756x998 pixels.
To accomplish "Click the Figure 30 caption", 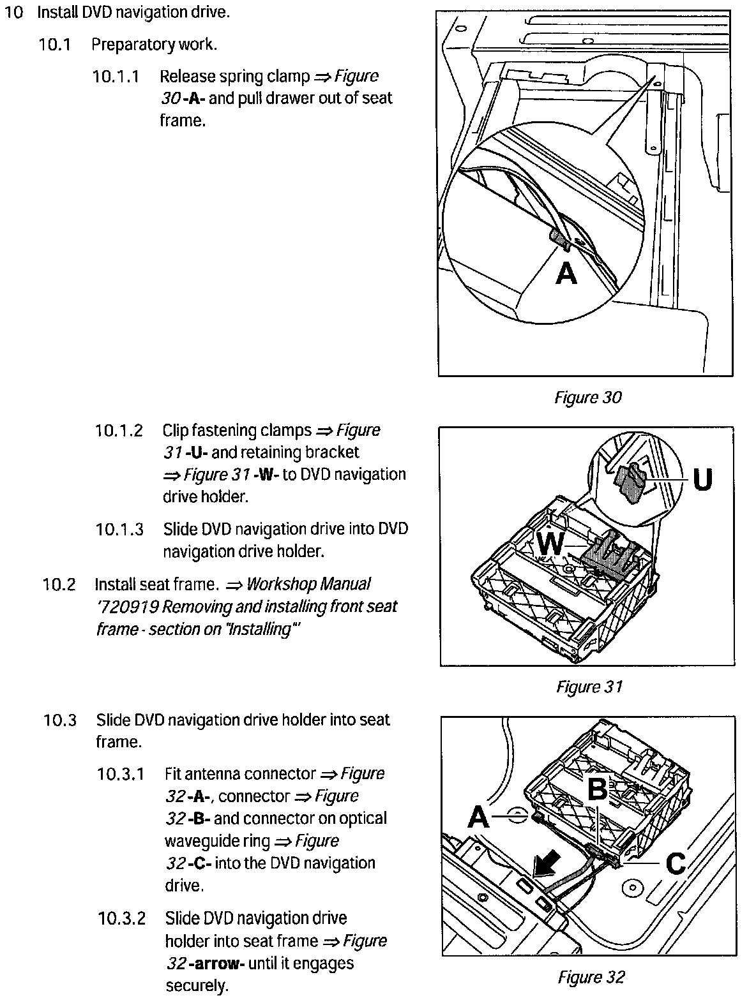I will (587, 398).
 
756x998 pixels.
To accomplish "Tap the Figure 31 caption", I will (589, 687).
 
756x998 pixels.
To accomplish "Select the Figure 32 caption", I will (591, 977).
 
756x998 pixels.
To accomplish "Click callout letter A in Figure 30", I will (566, 273).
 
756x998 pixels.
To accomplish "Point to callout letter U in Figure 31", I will (702, 480).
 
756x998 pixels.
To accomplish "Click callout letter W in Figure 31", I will (550, 544).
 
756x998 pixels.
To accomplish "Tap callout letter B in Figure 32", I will (597, 789).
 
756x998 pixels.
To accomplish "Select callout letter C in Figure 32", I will (676, 864).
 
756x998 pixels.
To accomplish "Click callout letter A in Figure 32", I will (478, 816).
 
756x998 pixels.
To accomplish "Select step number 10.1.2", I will (119, 431).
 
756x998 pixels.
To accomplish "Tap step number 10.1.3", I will (119, 530).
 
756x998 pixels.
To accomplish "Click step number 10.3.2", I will (121, 919).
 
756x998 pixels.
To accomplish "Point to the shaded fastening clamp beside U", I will (630, 484).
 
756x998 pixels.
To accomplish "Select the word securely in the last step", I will (197, 986).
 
